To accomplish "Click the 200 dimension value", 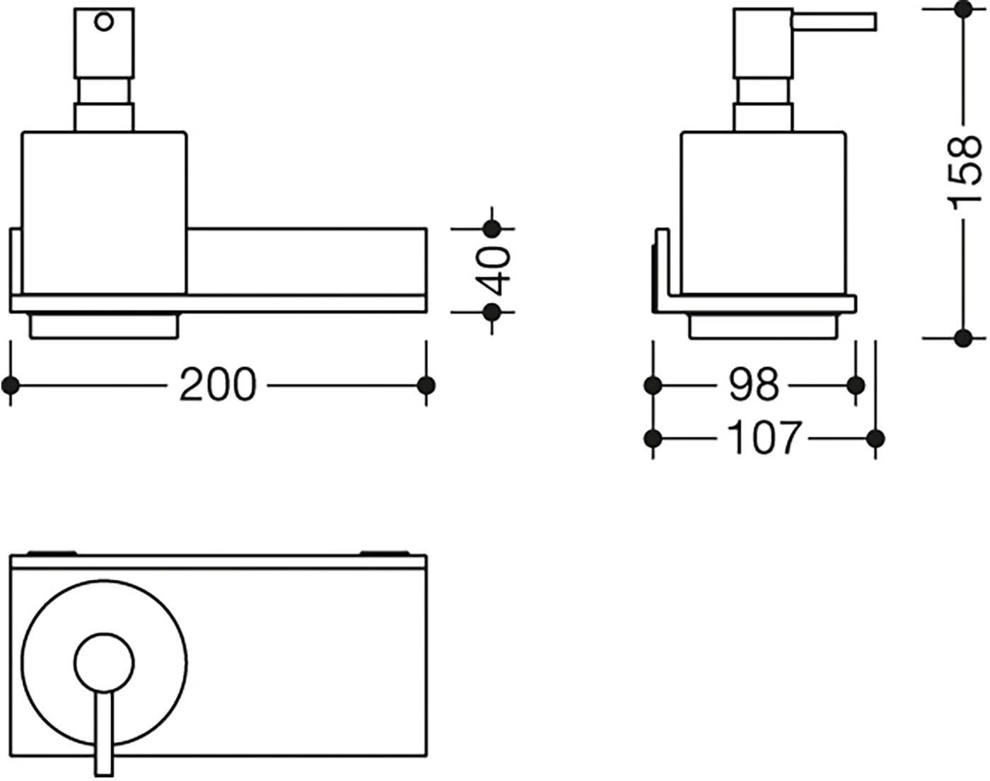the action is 218,385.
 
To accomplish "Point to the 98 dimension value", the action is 754,385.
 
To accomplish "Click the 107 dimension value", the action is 764,438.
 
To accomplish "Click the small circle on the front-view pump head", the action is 104,22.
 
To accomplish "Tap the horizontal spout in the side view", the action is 834,22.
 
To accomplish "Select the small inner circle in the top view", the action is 105,663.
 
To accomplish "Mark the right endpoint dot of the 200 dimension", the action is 426,386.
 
